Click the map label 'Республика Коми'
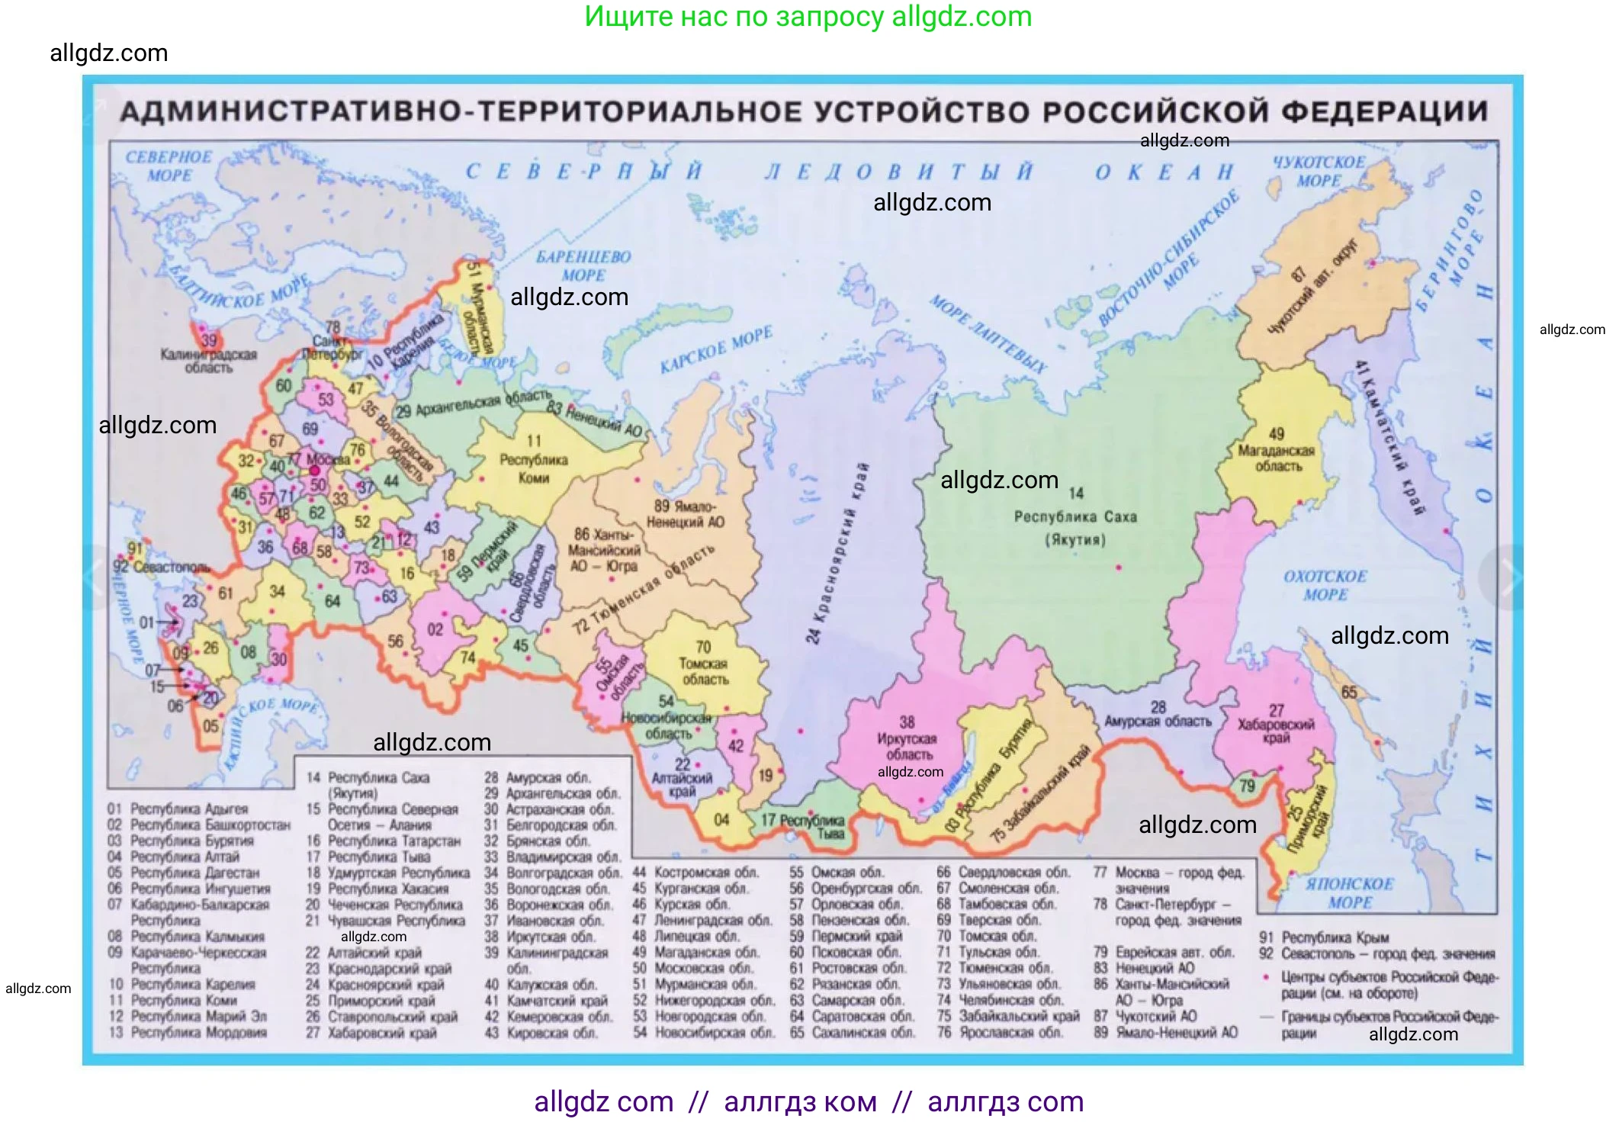tap(533, 468)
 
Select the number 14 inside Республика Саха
tap(1075, 493)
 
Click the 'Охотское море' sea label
tap(1325, 585)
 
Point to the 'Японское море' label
tap(1349, 893)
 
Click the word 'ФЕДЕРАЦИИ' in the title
tap(1383, 112)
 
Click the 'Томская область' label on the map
tap(704, 671)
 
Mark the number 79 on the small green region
tap(1247, 785)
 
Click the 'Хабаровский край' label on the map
tap(1275, 730)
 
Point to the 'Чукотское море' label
tap(1319, 172)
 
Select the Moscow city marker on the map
tap(314, 471)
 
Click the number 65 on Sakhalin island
tap(1349, 692)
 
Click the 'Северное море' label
tap(169, 166)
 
